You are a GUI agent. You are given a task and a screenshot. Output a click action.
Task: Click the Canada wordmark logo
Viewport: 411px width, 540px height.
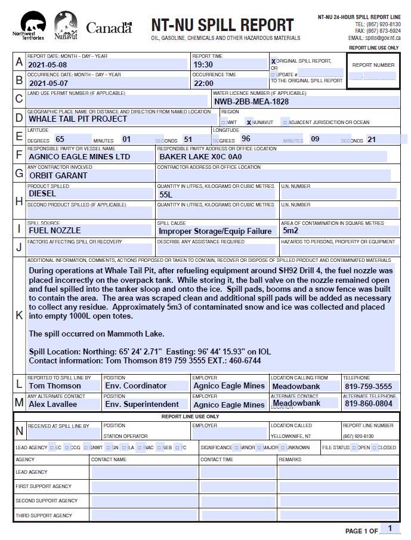(x=109, y=27)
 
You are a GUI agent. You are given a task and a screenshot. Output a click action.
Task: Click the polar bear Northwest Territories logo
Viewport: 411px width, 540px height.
(x=30, y=26)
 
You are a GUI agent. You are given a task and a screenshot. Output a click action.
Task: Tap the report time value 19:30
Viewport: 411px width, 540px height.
(x=203, y=64)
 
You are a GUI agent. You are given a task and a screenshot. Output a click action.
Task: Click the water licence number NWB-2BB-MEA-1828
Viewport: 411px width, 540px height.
(x=251, y=101)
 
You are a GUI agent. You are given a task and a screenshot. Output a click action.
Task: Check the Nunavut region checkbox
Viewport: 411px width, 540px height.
(x=249, y=122)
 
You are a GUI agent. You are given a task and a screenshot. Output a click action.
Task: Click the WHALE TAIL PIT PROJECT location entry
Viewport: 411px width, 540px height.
(x=78, y=119)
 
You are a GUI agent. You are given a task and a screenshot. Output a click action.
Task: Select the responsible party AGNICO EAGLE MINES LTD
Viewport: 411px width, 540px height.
(x=79, y=156)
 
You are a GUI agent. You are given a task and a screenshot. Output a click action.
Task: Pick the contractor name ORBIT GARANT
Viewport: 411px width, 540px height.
(x=58, y=175)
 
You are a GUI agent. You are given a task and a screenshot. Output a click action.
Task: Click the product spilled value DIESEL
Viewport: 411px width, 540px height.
(x=42, y=193)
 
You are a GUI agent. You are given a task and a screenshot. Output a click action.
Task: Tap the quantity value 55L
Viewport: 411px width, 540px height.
(x=166, y=195)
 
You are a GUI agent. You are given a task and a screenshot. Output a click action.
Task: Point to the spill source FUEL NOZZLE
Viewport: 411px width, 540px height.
(x=55, y=230)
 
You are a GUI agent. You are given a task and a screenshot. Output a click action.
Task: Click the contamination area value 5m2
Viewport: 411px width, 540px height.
(x=291, y=230)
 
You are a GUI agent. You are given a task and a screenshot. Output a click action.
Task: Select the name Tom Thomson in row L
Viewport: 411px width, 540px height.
(x=55, y=386)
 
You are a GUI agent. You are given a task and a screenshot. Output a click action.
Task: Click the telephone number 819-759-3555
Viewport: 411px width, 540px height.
(x=368, y=386)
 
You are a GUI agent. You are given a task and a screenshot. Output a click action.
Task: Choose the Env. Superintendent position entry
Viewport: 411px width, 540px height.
(x=142, y=405)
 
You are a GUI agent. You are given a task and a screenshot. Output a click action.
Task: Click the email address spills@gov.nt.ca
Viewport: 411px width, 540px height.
(x=382, y=38)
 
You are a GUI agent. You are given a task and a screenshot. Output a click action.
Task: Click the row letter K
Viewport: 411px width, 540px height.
(x=19, y=316)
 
